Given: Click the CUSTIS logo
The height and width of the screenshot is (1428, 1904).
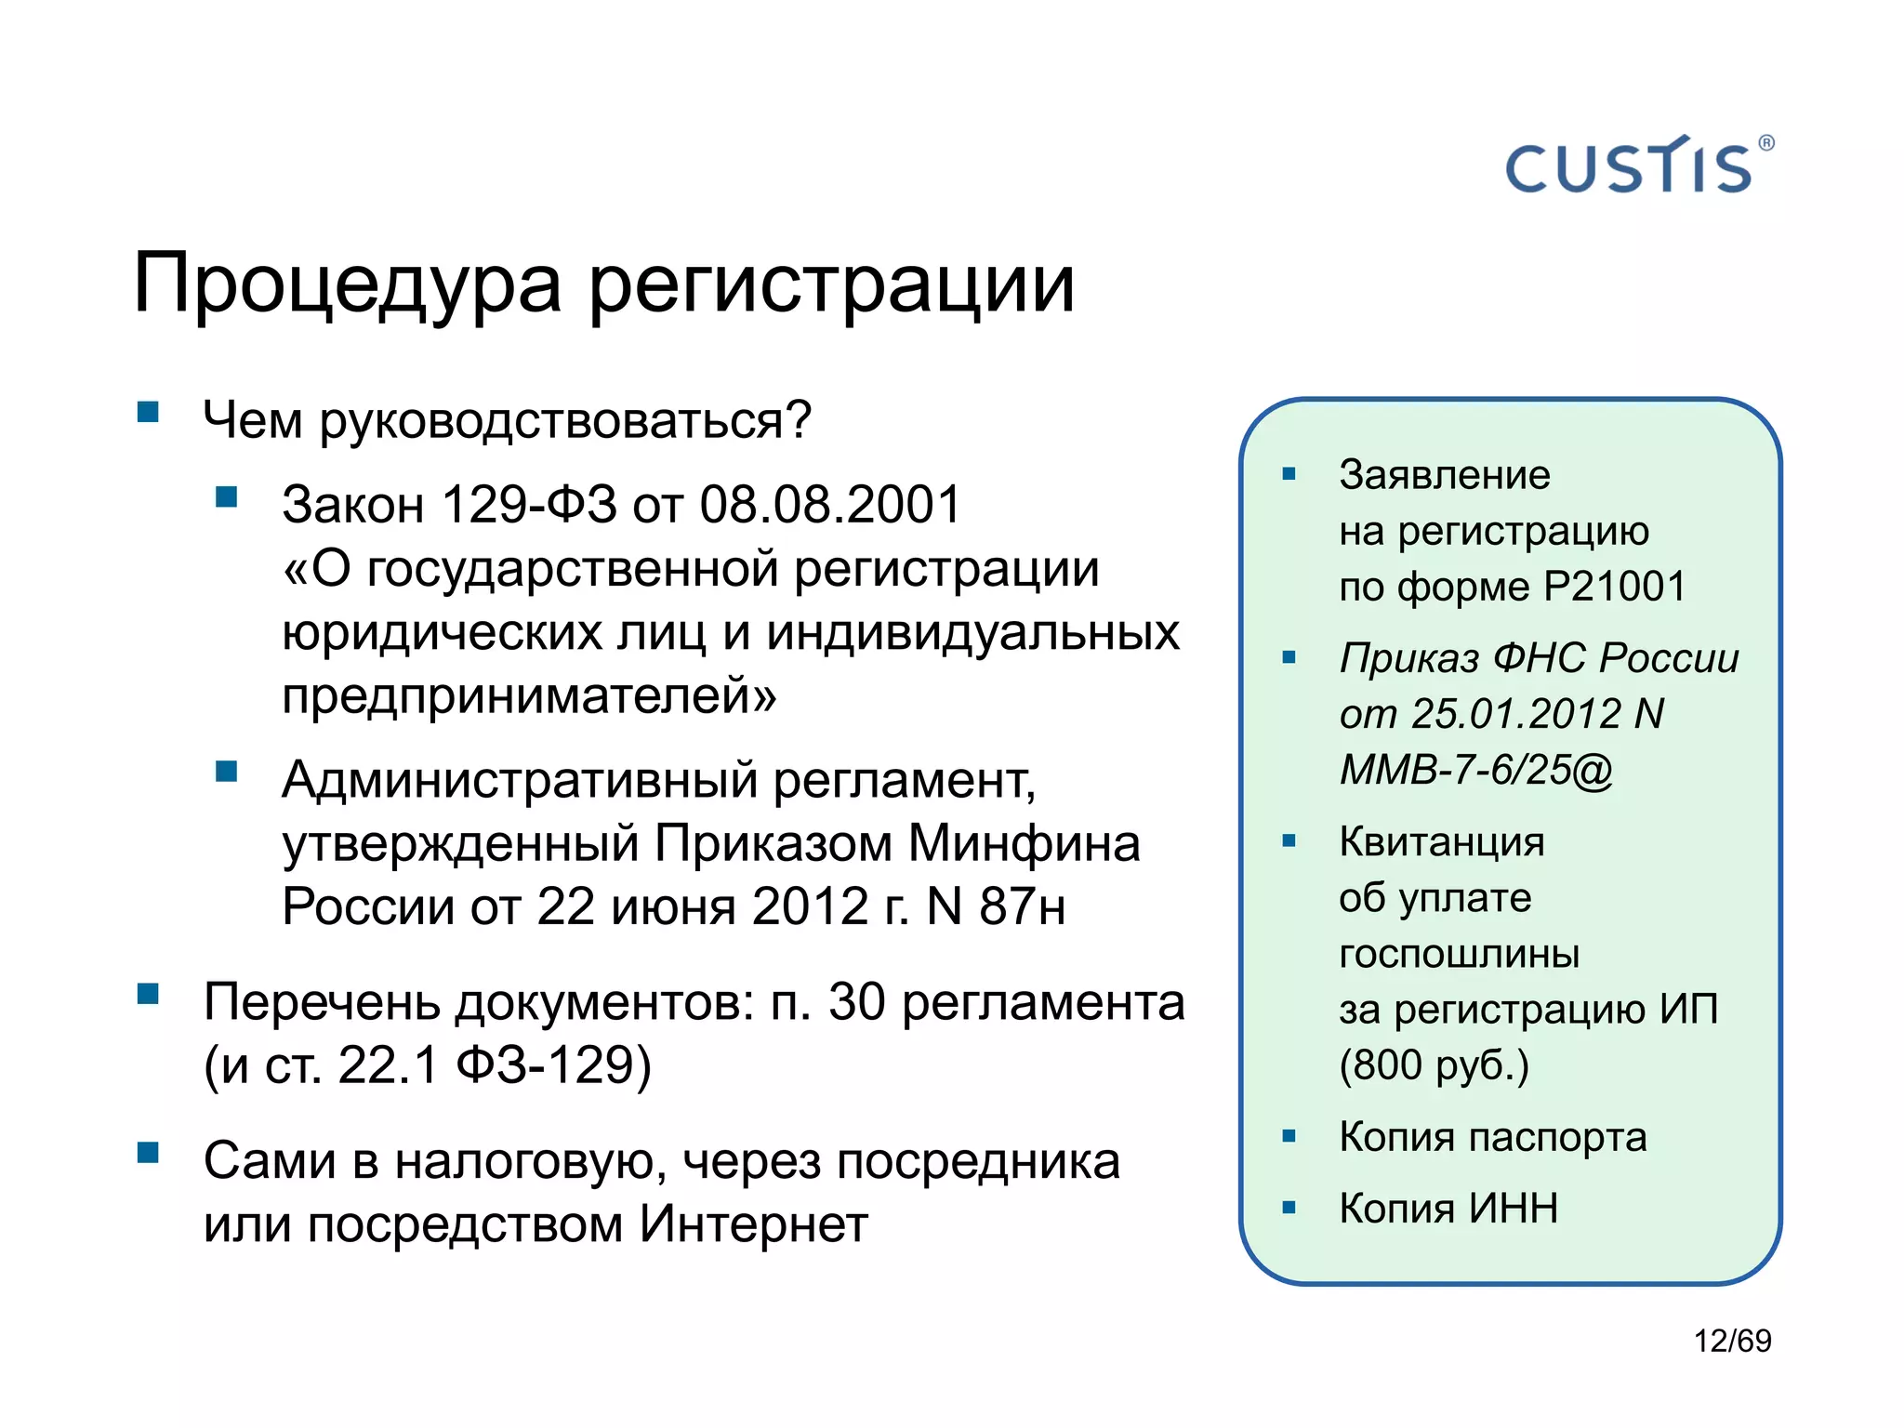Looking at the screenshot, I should click(x=1637, y=166).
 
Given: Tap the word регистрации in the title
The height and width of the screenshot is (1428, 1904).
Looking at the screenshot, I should click(x=832, y=284).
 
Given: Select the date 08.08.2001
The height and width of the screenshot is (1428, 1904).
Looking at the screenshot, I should click(x=830, y=505).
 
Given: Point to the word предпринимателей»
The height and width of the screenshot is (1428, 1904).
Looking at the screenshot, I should click(x=528, y=696).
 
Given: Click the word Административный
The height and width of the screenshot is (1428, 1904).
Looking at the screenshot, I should click(x=520, y=779).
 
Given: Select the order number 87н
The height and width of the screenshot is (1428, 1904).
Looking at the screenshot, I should click(x=1023, y=906).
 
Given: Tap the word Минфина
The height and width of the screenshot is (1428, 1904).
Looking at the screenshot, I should click(x=1023, y=843).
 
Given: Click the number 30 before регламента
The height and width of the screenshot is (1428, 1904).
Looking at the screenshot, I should click(x=856, y=1003).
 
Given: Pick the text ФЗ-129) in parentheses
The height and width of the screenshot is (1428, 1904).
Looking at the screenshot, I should click(x=553, y=1065).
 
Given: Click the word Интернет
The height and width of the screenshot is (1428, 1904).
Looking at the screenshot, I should click(x=753, y=1224).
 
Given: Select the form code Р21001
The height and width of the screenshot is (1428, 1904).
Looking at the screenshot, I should click(x=1614, y=587).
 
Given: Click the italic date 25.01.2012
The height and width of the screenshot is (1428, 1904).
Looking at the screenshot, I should click(x=1515, y=714).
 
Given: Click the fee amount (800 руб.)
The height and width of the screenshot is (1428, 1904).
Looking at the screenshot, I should click(x=1434, y=1064).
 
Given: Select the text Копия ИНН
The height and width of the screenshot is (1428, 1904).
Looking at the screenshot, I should click(x=1448, y=1209).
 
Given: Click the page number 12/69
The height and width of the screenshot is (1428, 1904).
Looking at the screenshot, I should click(x=1732, y=1341).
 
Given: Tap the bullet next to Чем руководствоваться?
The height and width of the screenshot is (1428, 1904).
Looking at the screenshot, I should click(x=148, y=412).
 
